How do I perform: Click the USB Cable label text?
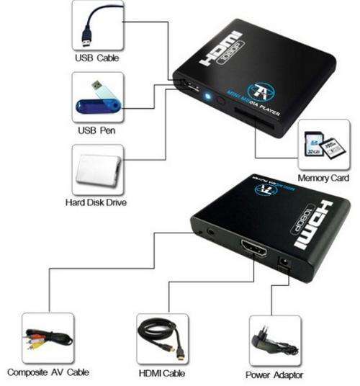pyautogui.click(x=97, y=58)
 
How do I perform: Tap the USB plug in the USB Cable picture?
pyautogui.click(x=86, y=37)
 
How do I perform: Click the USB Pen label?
pyautogui.click(x=96, y=130)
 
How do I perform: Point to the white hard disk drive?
pyautogui.click(x=98, y=171)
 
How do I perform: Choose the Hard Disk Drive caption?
pyautogui.click(x=96, y=202)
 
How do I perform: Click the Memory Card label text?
pyautogui.click(x=323, y=178)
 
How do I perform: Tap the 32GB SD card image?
pyautogui.click(x=314, y=144)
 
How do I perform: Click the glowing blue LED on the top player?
pyautogui.click(x=208, y=96)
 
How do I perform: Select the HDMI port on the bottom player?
pyautogui.click(x=253, y=248)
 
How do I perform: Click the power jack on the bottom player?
pyautogui.click(x=284, y=262)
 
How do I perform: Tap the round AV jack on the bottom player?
pyautogui.click(x=211, y=231)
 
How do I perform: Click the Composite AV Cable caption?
pyautogui.click(x=48, y=372)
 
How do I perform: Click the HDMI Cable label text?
pyautogui.click(x=162, y=373)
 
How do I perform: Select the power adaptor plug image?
pyautogui.click(x=274, y=341)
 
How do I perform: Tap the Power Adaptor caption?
pyautogui.click(x=274, y=375)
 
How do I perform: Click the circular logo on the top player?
pyautogui.click(x=261, y=91)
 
